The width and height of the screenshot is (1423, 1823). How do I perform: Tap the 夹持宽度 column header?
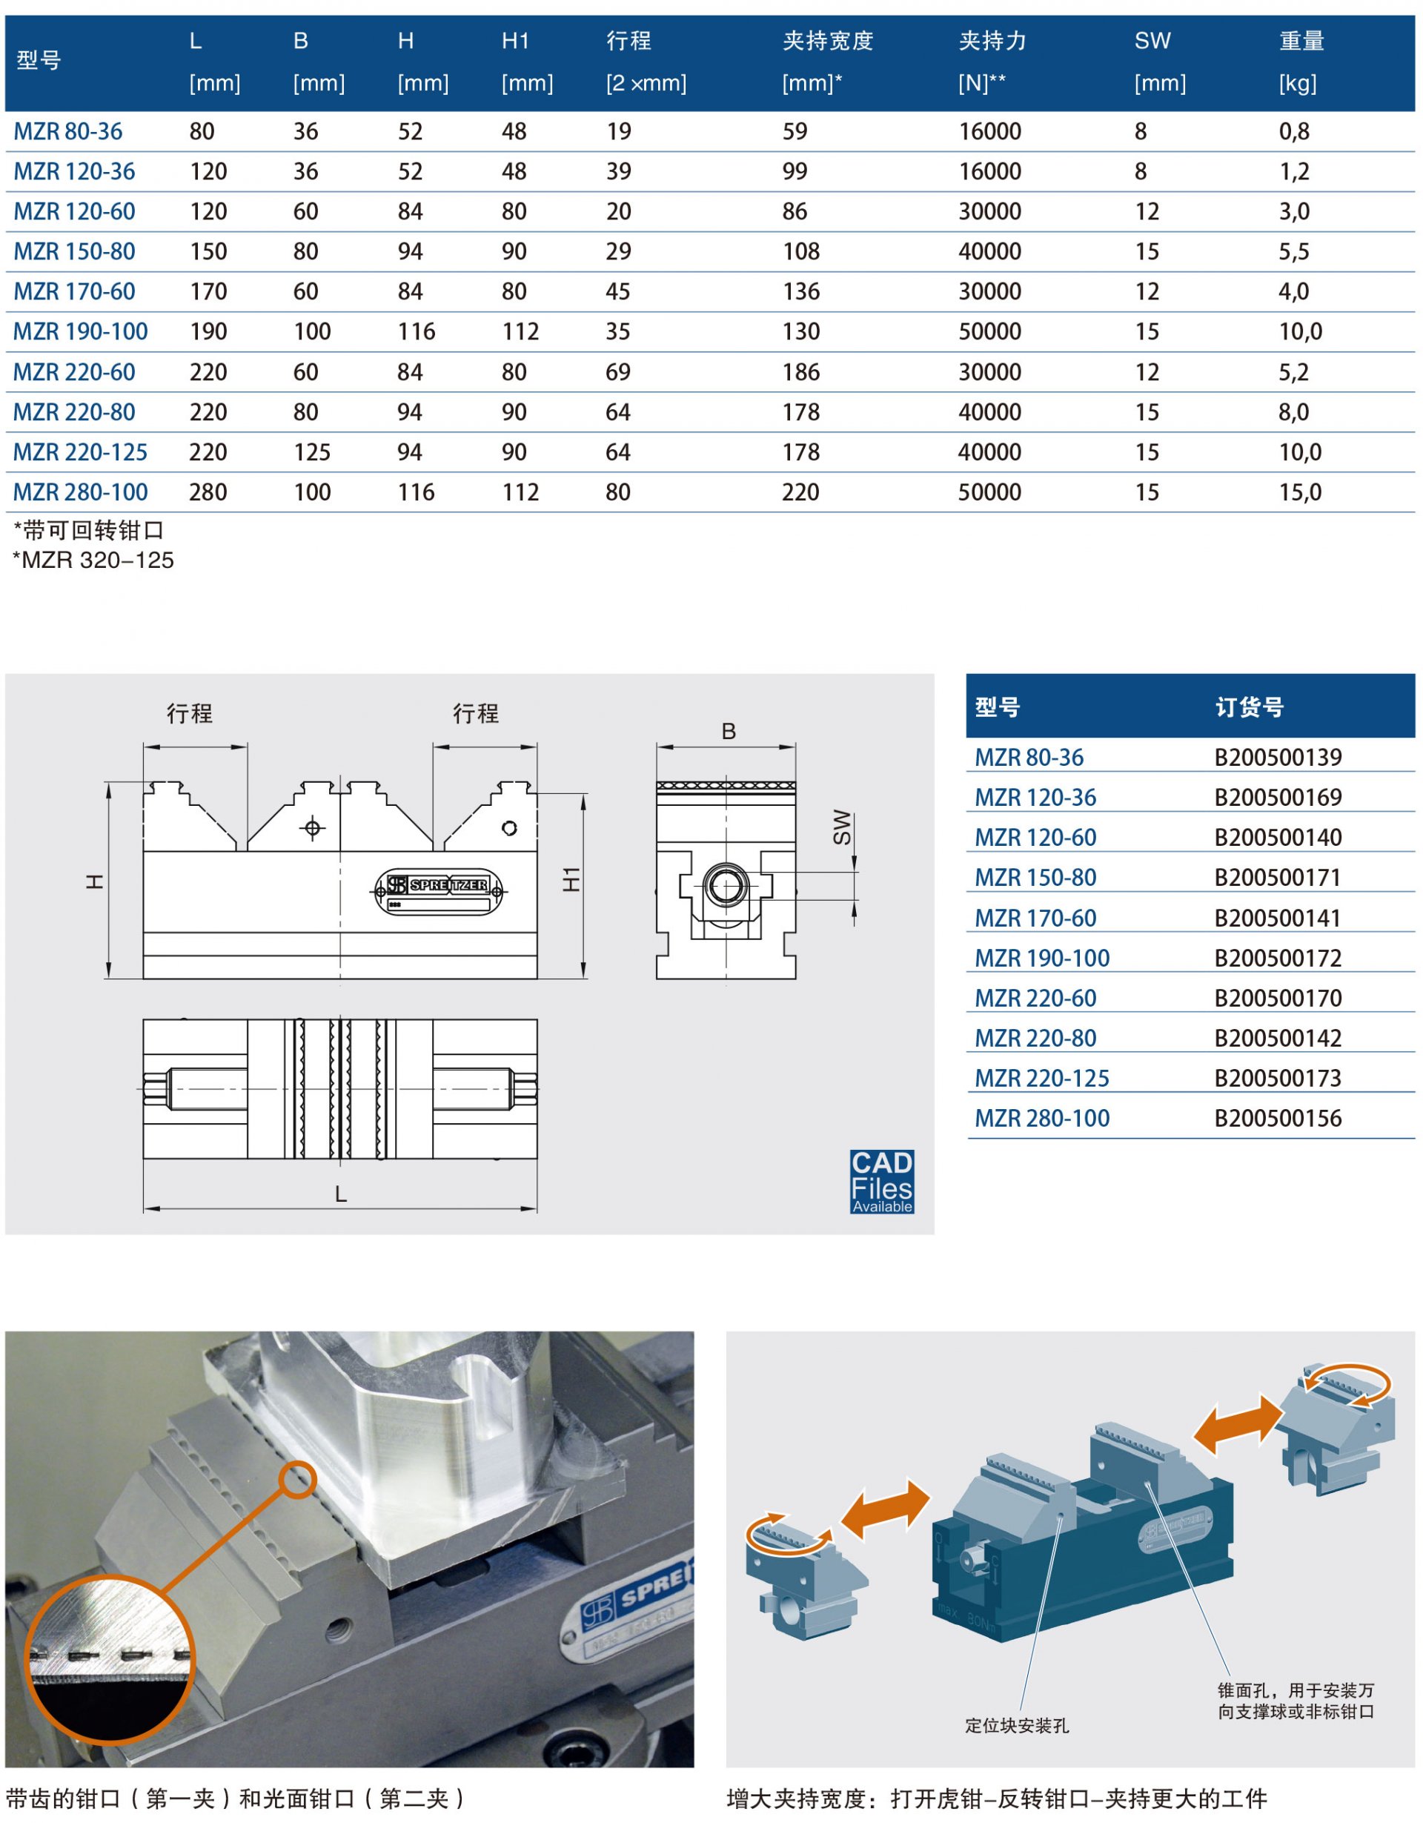pos(827,41)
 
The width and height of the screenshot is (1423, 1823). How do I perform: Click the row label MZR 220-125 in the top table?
pos(80,452)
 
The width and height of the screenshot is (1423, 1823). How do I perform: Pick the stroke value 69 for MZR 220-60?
pos(617,372)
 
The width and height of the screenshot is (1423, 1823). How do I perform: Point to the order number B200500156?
pos(1277,1119)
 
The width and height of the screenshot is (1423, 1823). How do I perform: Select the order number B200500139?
pos(1277,758)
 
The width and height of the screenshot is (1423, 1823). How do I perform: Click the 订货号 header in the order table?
pos(1249,708)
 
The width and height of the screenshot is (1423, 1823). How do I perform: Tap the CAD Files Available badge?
pos(881,1181)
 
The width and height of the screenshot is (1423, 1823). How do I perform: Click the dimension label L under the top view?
pos(340,1194)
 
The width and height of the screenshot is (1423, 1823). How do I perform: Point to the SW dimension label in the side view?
pos(842,827)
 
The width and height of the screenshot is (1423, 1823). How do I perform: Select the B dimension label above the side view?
pos(729,732)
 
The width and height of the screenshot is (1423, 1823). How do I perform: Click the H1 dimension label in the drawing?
pos(571,879)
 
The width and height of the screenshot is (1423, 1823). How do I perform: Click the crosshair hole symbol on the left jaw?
pos(313,828)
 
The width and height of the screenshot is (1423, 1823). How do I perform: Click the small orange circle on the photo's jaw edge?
pos(297,1480)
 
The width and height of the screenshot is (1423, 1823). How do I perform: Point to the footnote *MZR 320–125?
pos(93,560)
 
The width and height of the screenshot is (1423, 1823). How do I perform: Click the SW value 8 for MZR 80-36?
pos(1140,132)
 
